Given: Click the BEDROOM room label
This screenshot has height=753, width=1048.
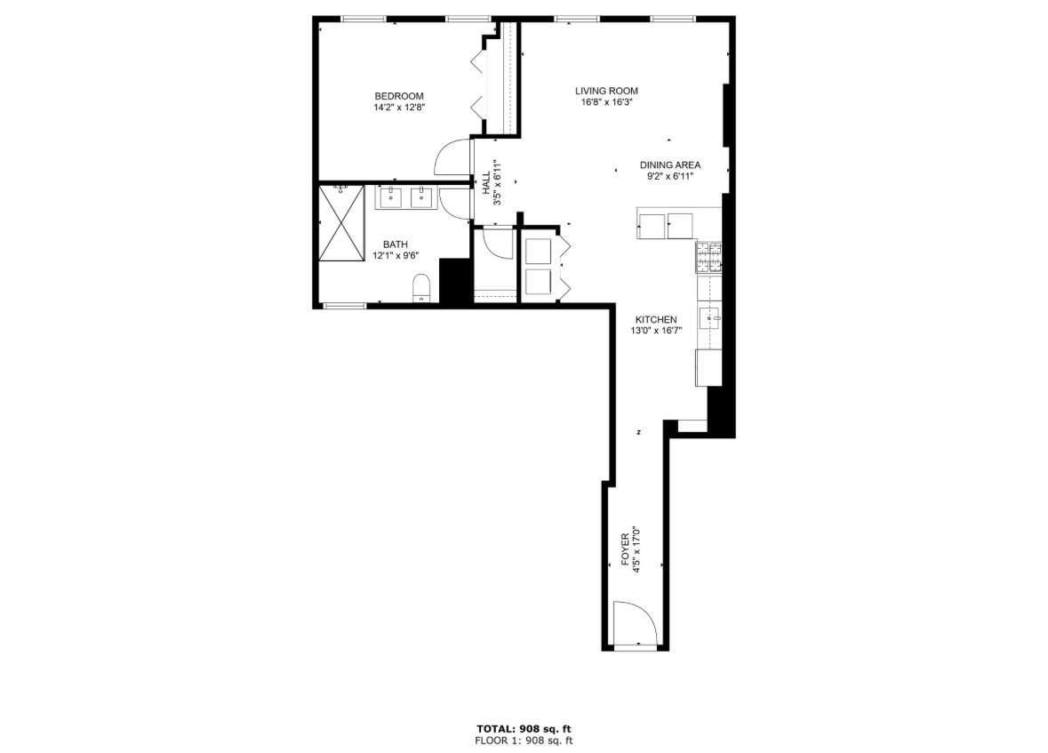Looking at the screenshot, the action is pos(399,96).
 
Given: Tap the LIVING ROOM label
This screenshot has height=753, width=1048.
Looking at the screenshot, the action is pos(607,91).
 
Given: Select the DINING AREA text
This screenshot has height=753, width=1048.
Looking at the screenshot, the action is pos(670,165).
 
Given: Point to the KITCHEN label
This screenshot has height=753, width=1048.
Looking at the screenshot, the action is pos(656,320).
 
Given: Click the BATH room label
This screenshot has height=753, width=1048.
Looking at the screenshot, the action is pos(395,244).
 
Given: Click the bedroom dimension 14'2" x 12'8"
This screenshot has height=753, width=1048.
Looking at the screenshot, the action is pos(400,107).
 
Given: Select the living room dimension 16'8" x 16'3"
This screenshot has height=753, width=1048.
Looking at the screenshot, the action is pos(607,102).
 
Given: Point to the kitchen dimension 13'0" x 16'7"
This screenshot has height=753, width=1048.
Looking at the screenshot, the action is pos(656,331).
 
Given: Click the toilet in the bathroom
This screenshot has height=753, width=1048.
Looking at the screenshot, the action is pos(421,288).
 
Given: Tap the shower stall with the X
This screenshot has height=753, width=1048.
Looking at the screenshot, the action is pos(341,222).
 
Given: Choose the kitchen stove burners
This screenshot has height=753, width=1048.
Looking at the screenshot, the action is pos(709,257).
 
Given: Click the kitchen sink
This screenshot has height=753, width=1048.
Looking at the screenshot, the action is pos(709,318).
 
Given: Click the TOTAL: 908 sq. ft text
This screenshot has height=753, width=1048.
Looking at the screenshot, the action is pos(524,729).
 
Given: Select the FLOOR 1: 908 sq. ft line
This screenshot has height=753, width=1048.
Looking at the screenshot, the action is pos(524,741).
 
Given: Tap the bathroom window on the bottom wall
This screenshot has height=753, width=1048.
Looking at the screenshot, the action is pos(345,306).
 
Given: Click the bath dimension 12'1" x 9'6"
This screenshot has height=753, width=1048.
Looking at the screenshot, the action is pos(396,255).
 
